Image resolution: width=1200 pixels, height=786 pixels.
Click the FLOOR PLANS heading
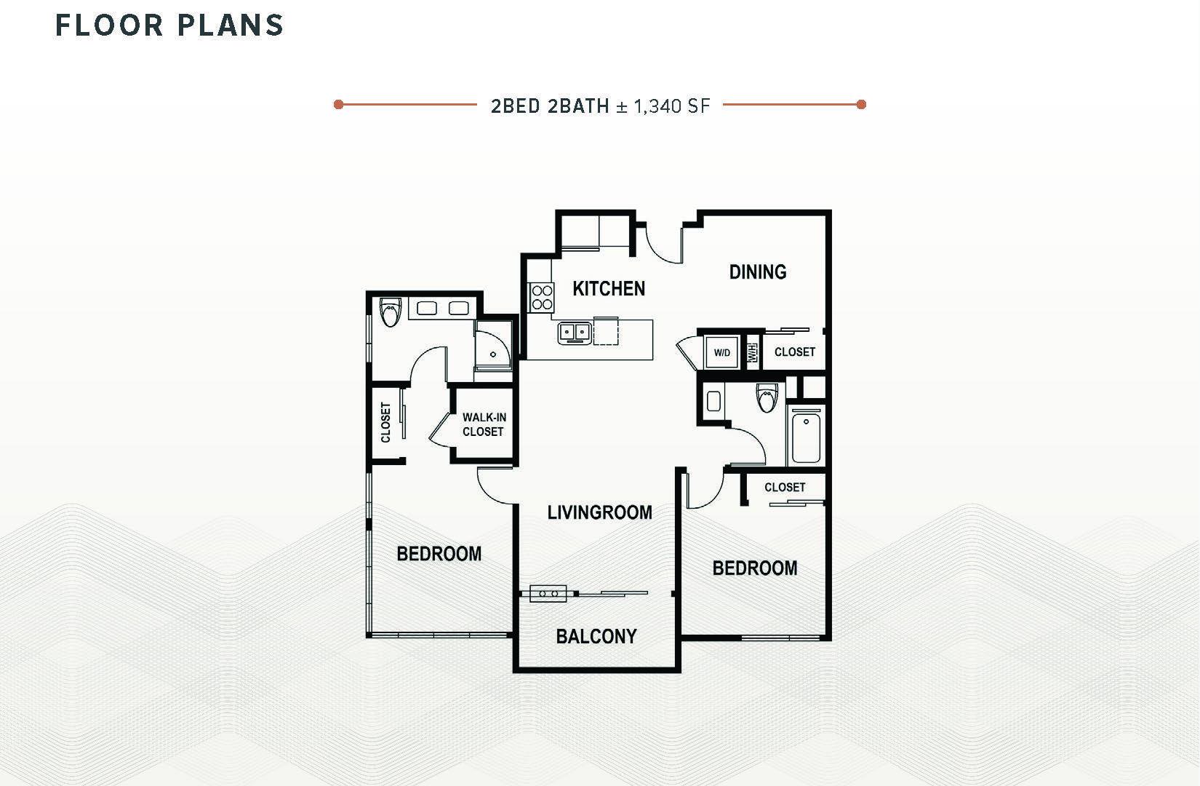coord(169,25)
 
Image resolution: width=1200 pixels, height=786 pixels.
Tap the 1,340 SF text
coord(671,106)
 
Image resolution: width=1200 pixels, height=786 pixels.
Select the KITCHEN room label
coord(609,289)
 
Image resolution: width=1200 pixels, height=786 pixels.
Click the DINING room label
coord(758,272)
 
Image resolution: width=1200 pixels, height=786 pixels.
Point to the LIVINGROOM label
coord(599,512)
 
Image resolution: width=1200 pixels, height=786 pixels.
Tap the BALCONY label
coord(596,637)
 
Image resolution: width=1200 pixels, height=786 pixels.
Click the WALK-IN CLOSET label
coord(483,424)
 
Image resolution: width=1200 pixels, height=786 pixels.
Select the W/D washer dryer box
coord(722,353)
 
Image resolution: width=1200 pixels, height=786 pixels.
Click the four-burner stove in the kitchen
coord(542,297)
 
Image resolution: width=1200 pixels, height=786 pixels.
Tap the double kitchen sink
coord(575,333)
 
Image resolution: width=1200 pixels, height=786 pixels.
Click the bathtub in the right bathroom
coord(806,437)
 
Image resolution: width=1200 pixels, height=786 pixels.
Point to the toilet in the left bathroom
coord(391,312)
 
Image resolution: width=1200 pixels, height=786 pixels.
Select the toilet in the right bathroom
coord(767,397)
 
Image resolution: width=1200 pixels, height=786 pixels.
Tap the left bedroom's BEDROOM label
coord(439,554)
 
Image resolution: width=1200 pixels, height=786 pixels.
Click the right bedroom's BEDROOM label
coord(755,568)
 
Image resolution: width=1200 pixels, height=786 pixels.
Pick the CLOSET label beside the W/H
coord(795,352)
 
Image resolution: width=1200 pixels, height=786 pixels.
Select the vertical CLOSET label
coord(386,423)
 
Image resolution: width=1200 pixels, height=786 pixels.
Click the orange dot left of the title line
coord(338,105)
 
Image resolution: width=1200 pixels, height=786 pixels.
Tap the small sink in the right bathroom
coord(713,401)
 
